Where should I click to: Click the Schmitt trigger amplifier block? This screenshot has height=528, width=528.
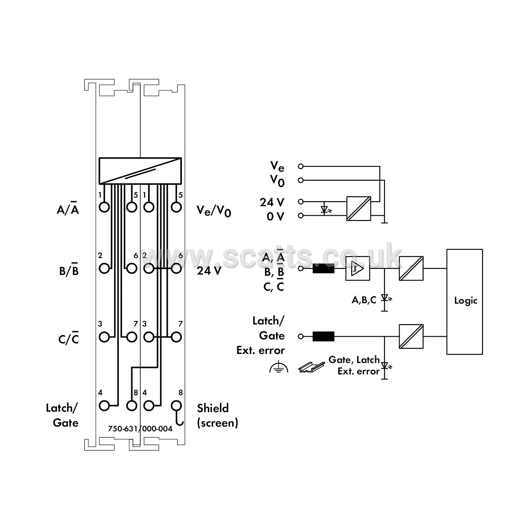[357, 269]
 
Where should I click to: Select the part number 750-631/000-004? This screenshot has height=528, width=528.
[140, 429]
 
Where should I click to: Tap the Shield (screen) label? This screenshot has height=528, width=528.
[218, 415]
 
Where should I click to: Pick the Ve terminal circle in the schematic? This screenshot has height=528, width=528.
[301, 166]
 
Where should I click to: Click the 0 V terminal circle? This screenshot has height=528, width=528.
[301, 216]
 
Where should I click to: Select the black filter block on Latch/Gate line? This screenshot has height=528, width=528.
[323, 336]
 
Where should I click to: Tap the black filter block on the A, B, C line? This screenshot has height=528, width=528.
[323, 269]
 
